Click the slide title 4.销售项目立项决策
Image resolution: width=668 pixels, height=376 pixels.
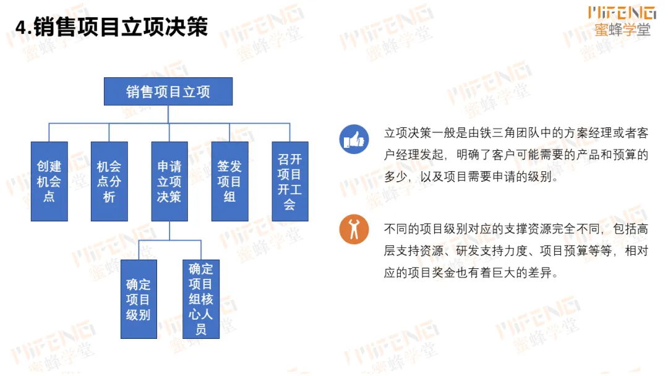(112, 28)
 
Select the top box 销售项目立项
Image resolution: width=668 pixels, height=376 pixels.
(168, 92)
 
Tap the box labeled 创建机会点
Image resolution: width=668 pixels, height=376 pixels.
(49, 181)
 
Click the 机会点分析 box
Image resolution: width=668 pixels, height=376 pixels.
(109, 181)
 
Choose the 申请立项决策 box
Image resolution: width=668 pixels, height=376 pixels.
(169, 181)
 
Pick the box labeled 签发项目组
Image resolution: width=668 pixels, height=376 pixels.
(229, 181)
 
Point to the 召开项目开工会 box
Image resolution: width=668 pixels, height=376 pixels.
(289, 181)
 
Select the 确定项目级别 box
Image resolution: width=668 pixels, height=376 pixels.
(139, 299)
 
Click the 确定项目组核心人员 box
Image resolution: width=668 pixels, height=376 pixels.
(200, 299)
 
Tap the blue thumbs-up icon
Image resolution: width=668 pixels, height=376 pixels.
(354, 139)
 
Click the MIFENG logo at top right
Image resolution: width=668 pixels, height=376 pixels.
(622, 12)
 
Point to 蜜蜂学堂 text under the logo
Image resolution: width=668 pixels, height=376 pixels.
(622, 30)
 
